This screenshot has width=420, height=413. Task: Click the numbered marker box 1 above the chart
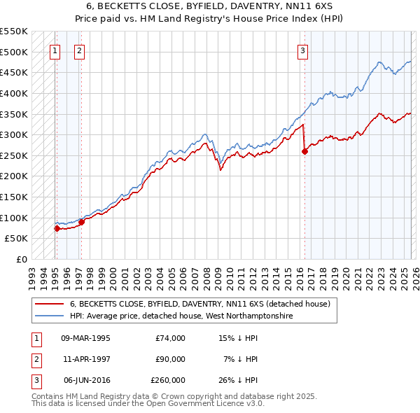point(55,50)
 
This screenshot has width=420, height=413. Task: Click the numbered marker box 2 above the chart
point(80,50)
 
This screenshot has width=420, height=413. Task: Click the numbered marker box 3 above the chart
point(302,50)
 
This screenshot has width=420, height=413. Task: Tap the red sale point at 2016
point(304,151)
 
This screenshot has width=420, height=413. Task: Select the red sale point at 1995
point(56,228)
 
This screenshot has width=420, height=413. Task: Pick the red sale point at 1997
point(81,222)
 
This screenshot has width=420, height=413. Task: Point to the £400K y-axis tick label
point(14,93)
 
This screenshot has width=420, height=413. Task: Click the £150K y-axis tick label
point(14,197)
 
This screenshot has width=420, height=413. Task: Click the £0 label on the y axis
point(21,259)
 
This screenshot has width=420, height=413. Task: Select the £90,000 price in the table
point(169,359)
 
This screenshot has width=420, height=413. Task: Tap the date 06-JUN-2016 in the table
point(85,380)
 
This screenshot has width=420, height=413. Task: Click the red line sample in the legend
point(50,304)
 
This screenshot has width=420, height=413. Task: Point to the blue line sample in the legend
point(50,316)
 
